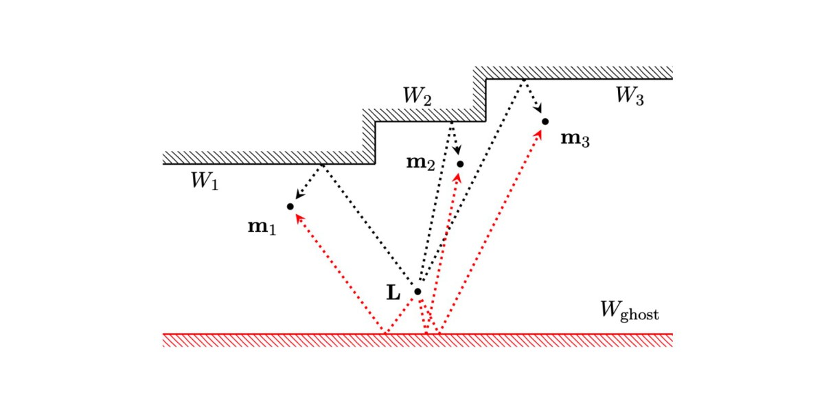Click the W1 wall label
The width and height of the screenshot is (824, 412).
204,181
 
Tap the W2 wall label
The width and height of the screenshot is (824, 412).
417,96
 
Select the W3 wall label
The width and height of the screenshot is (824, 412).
629,96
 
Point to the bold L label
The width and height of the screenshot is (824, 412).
393,293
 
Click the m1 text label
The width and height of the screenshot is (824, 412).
262,227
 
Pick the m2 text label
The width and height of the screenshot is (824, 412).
421,163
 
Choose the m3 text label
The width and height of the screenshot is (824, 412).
575,139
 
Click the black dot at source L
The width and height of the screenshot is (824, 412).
417,292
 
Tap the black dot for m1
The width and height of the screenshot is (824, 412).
290,207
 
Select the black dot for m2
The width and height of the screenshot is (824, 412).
460,164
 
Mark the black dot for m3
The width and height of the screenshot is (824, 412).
545,122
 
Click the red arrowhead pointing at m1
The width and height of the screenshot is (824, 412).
297,216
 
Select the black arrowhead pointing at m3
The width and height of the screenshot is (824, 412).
540,111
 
